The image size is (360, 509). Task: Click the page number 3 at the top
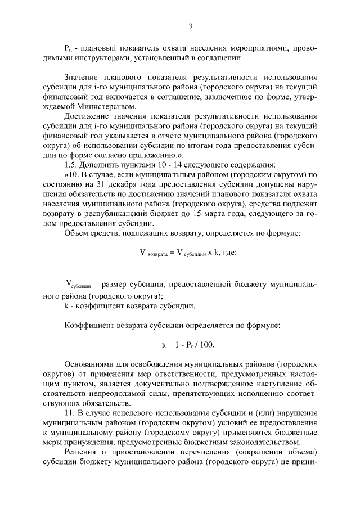[x=190, y=26]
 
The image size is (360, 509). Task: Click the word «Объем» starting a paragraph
[x=77, y=233]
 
